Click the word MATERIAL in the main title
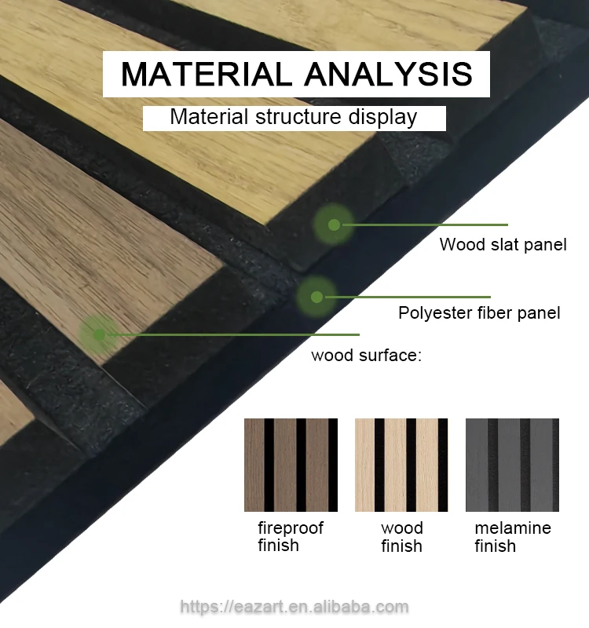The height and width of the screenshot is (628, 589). coord(207,74)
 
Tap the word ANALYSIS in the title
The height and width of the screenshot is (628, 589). coord(388,74)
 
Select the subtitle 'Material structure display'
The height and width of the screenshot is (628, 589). coord(294,118)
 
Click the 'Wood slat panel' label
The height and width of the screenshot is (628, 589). coord(503,244)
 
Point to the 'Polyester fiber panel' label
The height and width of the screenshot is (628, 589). coord(479,313)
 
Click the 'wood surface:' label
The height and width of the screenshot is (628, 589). coord(367,356)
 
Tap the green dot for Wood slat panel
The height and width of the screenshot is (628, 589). coord(334,225)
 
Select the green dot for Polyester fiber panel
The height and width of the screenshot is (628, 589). coord(316,297)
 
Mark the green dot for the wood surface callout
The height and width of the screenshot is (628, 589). coord(99,334)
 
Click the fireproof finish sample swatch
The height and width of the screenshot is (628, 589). coord(291,465)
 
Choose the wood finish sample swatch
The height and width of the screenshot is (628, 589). coord(401,465)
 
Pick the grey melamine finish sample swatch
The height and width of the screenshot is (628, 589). coord(512,465)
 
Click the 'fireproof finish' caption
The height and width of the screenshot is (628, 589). coord(290,536)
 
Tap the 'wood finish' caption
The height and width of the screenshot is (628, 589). coord(401,536)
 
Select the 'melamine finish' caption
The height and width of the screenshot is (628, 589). coord(512,536)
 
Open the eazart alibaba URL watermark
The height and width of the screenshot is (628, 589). coord(294,607)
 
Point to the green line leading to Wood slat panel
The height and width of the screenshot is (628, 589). coord(424,225)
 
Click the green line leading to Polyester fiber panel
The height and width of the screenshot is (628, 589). coord(404,297)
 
